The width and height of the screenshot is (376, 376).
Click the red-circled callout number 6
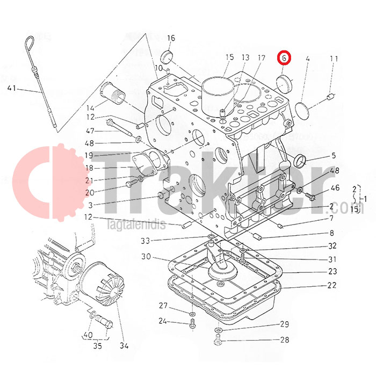(x=284, y=57)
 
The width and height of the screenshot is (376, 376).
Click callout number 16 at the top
(x=171, y=38)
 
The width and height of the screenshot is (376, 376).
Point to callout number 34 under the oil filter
(x=125, y=345)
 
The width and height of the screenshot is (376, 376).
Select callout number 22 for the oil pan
(x=332, y=286)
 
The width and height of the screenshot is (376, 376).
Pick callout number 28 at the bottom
(x=284, y=340)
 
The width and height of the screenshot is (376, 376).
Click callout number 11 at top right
(x=334, y=59)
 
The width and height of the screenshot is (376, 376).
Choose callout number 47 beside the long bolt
(x=90, y=131)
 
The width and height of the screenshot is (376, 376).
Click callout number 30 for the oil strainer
(x=146, y=257)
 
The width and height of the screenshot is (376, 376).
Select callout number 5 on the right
(x=333, y=156)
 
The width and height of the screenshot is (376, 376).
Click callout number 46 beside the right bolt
(x=335, y=187)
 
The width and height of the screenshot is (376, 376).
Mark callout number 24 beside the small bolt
(x=163, y=322)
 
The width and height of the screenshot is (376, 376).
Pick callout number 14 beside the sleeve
(x=90, y=106)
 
